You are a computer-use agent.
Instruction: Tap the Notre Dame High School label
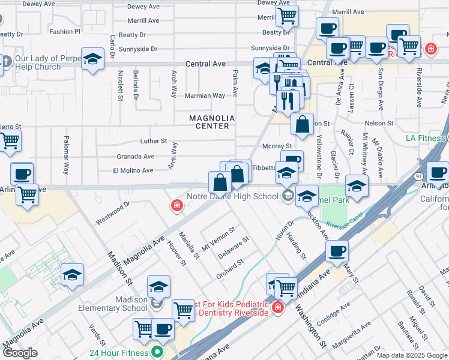click(x=232, y=196)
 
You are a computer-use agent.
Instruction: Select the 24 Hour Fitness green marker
click(x=157, y=352)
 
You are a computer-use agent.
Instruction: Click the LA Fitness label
click(x=426, y=138)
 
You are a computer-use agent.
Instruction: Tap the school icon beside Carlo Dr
click(x=92, y=59)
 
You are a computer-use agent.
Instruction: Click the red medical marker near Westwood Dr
click(x=176, y=206)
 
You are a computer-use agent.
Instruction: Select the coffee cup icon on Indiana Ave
click(x=337, y=250)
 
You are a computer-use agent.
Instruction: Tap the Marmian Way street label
click(x=205, y=95)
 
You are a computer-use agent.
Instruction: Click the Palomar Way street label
click(x=66, y=158)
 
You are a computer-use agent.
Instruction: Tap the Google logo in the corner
click(x=20, y=353)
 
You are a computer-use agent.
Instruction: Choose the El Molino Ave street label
click(x=133, y=170)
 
